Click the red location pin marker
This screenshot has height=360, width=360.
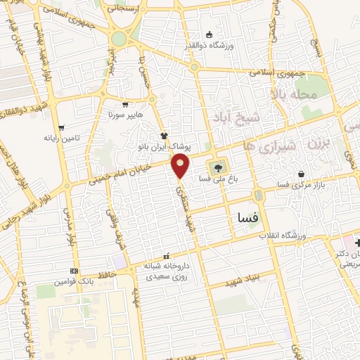tap(181, 166)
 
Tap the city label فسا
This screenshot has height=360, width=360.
tap(249, 219)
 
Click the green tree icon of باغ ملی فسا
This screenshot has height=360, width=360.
tap(217, 168)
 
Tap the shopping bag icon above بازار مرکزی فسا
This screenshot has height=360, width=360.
tap(302, 174)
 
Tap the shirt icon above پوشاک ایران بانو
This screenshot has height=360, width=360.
tap(164, 136)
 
